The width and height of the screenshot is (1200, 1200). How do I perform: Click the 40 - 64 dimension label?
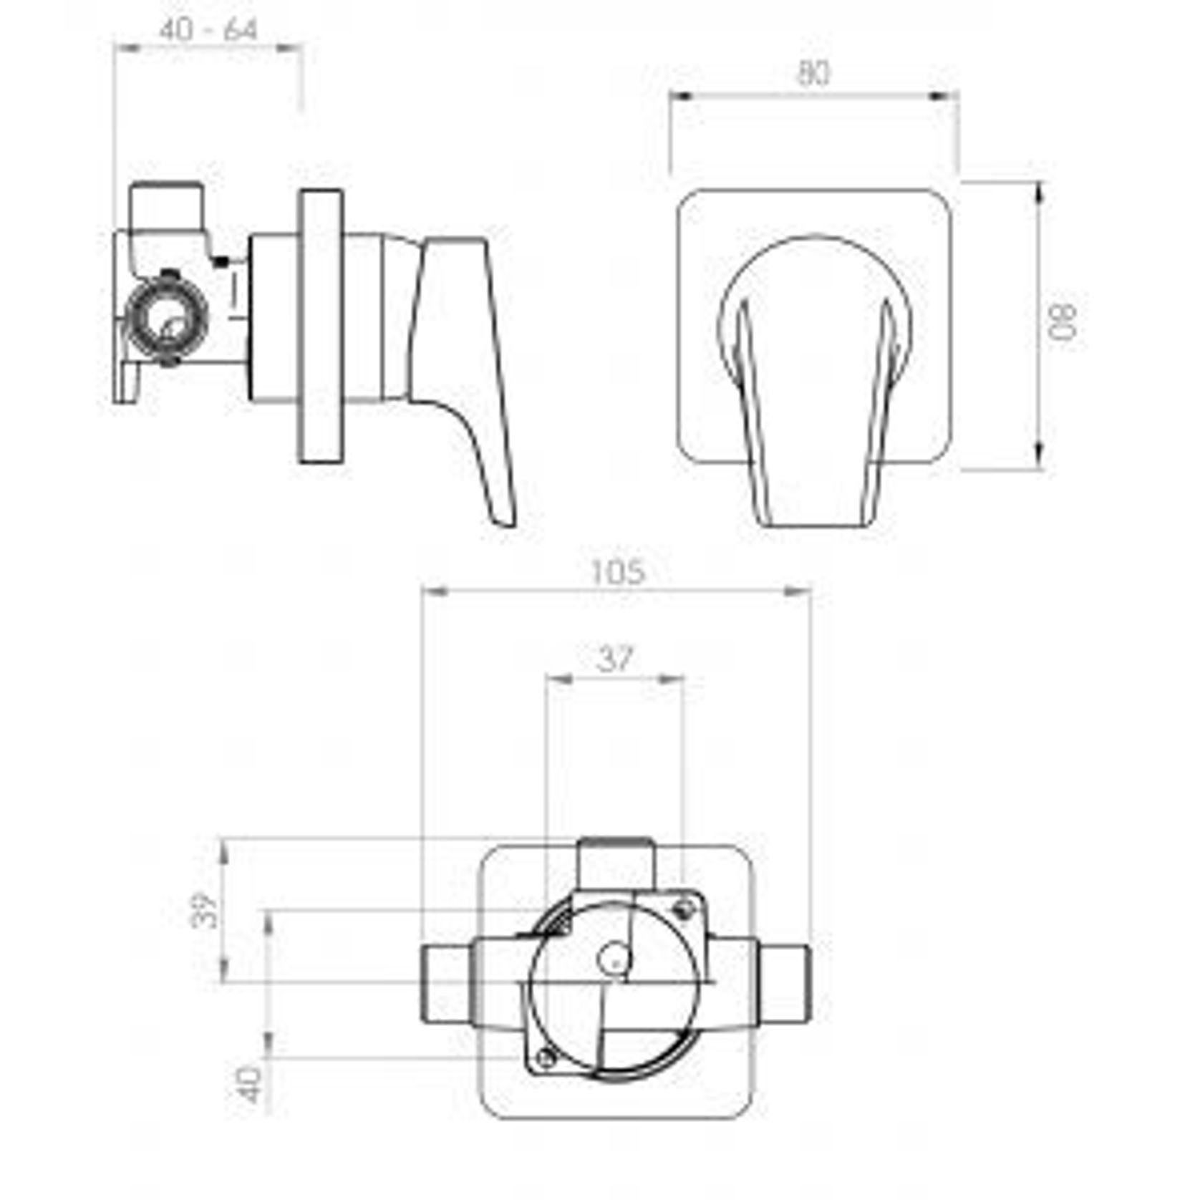[208, 30]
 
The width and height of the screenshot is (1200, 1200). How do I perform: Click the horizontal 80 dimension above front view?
[813, 74]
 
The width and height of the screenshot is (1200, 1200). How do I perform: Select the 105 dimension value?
[618, 572]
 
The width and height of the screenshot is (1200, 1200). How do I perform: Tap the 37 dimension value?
[615, 659]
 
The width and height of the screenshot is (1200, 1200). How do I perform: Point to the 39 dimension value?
[205, 910]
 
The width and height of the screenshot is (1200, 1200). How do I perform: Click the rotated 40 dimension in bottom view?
[250, 1085]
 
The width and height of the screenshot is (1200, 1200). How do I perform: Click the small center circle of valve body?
[614, 959]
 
